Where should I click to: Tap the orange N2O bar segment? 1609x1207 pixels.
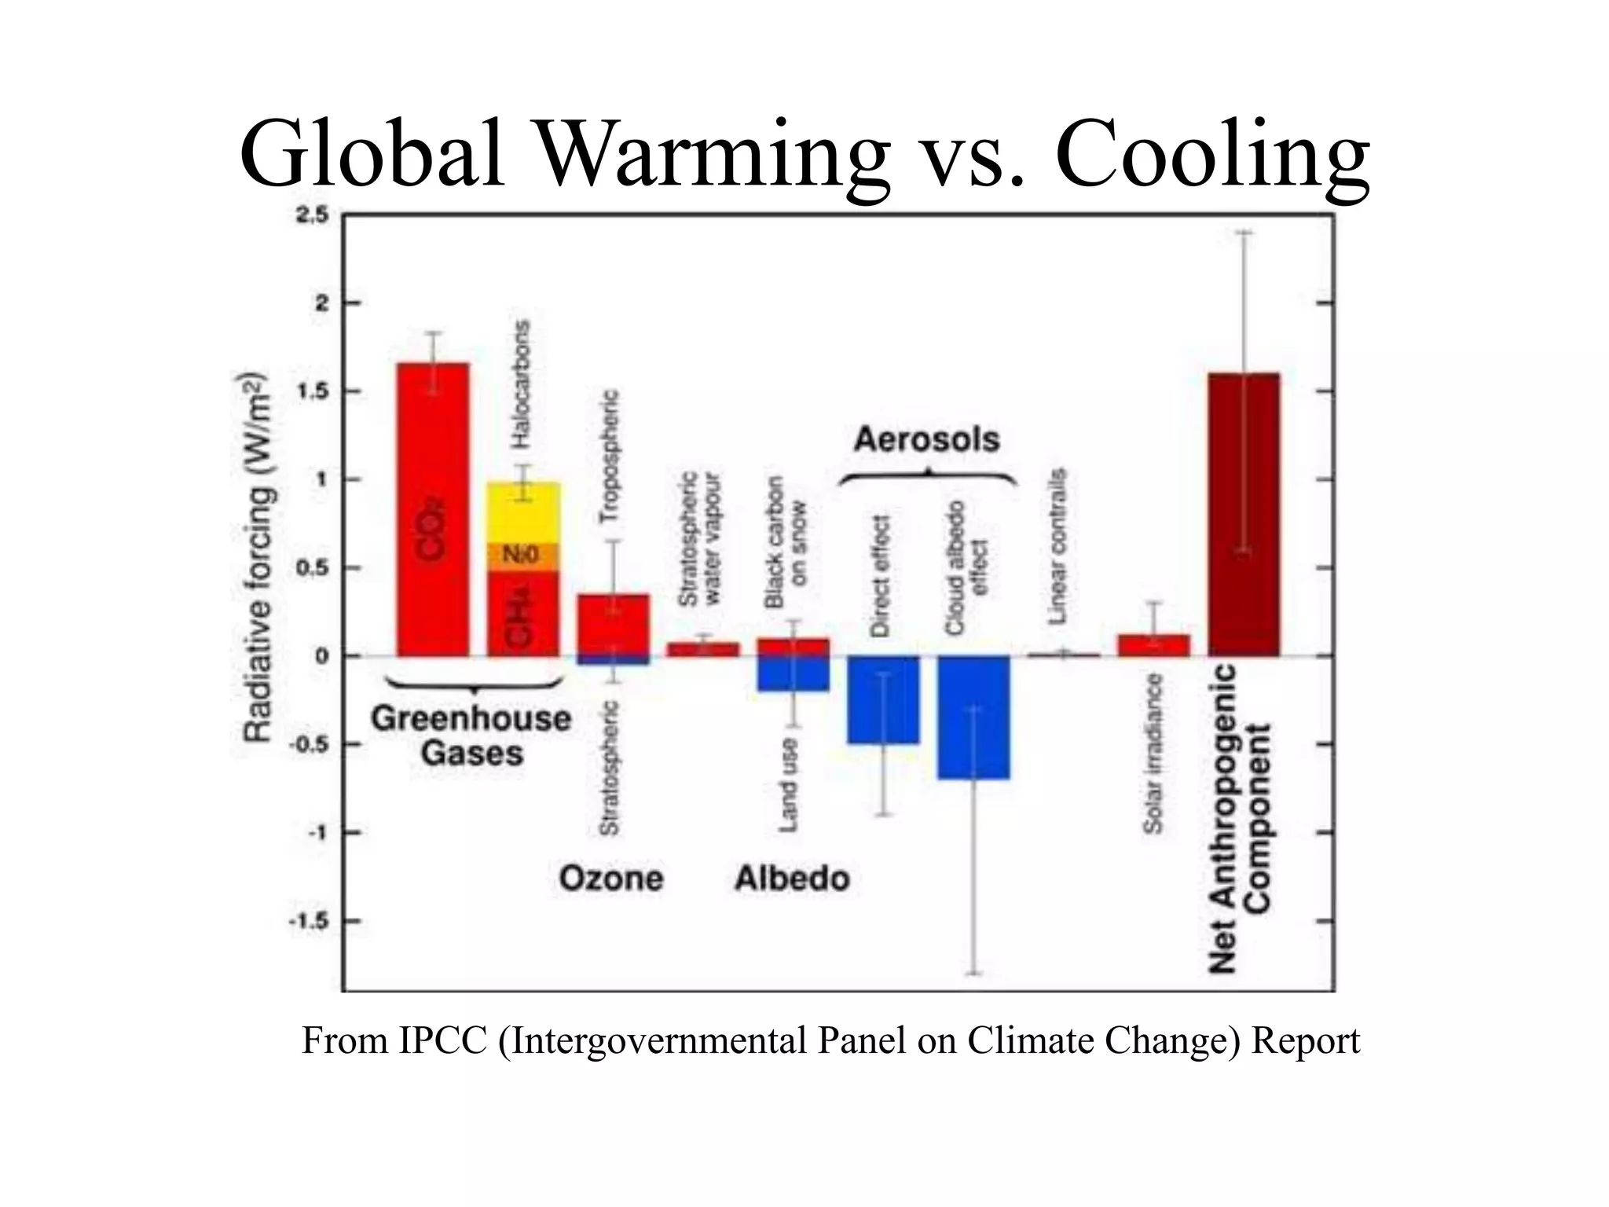tap(524, 556)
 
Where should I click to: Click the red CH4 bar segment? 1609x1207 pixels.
tap(524, 614)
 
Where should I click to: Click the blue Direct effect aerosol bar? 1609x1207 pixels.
tap(883, 699)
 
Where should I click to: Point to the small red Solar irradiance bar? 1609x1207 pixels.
tap(1153, 645)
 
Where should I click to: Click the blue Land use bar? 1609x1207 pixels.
tap(793, 674)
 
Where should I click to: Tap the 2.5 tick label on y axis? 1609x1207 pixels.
tap(312, 216)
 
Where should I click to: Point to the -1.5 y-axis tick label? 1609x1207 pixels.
tap(308, 921)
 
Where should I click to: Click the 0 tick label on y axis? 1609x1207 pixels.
tap(321, 656)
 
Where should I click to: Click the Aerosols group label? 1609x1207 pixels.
tap(926, 439)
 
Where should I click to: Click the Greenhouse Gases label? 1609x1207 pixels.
tap(471, 736)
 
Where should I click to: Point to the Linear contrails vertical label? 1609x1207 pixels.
tap(1058, 546)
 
